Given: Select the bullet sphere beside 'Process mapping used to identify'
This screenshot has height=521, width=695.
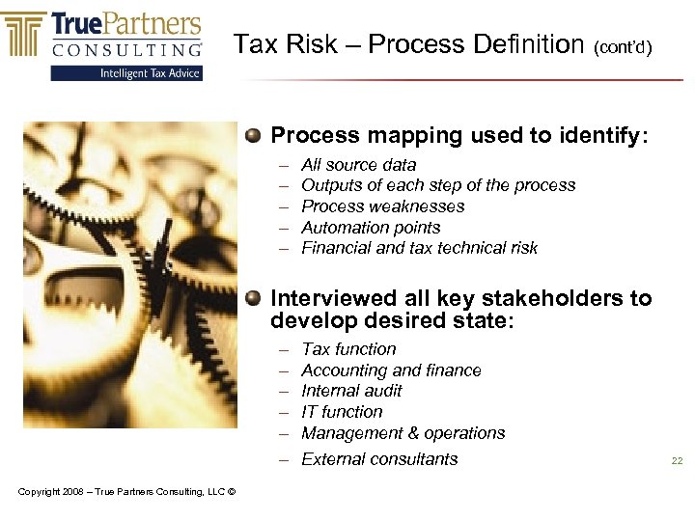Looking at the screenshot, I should pyautogui.click(x=253, y=135).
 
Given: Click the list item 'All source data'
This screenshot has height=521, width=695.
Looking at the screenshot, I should pyautogui.click(x=358, y=165).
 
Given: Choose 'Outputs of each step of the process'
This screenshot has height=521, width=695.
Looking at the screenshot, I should pyautogui.click(x=438, y=185).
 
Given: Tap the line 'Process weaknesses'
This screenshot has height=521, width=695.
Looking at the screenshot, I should pyautogui.click(x=382, y=206).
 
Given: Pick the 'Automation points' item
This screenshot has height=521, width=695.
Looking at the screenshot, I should pyautogui.click(x=371, y=228).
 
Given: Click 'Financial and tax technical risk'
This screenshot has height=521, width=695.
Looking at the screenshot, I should pyautogui.click(x=419, y=248).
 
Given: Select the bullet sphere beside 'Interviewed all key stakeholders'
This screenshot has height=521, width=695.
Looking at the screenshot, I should pyautogui.click(x=253, y=298).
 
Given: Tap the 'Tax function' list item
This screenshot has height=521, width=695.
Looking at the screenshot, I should pyautogui.click(x=348, y=349).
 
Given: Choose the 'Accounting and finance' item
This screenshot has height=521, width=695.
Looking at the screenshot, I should pyautogui.click(x=391, y=370).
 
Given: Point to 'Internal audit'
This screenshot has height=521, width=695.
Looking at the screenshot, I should pyautogui.click(x=351, y=391).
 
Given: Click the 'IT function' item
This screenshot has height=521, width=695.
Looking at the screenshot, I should pyautogui.click(x=342, y=412).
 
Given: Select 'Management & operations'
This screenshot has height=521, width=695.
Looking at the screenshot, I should pyautogui.click(x=403, y=433).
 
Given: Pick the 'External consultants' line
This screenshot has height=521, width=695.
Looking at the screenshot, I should pyautogui.click(x=379, y=459).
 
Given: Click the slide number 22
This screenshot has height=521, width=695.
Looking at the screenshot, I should pyautogui.click(x=677, y=461).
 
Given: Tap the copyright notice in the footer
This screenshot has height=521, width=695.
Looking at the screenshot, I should pyautogui.click(x=126, y=492).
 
